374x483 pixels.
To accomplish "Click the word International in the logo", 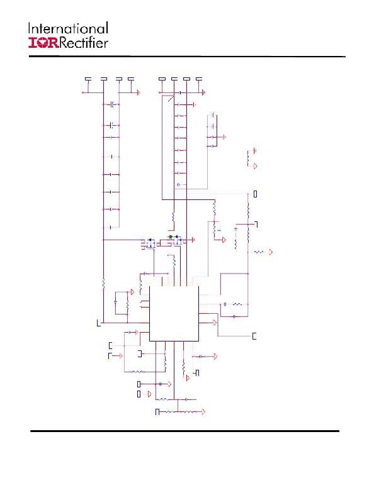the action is click(68, 28).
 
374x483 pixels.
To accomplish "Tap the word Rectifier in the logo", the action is click(83, 43).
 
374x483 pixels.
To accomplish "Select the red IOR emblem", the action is click(43, 43).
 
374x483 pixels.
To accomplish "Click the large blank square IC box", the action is click(174, 314).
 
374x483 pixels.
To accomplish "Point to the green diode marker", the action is click(171, 236).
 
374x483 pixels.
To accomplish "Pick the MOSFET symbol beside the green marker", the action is click(177, 241).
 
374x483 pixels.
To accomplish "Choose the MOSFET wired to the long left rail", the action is click(150, 243).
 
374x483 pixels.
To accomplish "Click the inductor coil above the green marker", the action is click(174, 216).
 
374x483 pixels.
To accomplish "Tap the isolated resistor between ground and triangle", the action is click(247, 158).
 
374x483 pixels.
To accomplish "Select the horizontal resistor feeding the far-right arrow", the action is click(259, 252).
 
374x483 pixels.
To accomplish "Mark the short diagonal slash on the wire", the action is click(171, 99).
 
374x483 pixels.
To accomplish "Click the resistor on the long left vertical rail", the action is click(103, 284).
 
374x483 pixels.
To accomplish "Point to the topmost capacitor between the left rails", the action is click(112, 104).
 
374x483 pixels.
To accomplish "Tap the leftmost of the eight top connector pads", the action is click(88, 79).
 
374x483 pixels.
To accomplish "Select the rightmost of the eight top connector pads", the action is click(199, 79).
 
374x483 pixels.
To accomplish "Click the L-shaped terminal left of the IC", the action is click(99, 323).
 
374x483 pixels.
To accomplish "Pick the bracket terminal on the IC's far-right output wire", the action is click(254, 336).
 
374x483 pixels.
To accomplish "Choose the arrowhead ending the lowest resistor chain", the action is click(203, 411).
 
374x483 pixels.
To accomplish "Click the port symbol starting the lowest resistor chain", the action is click(157, 412).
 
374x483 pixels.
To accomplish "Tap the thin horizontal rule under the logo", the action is click(187, 57).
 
